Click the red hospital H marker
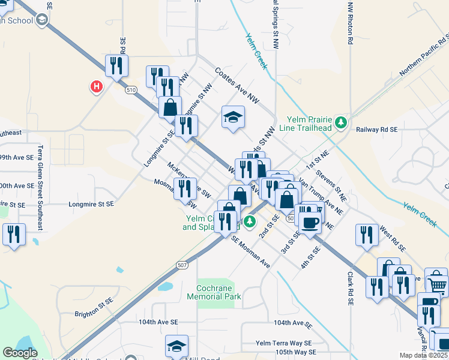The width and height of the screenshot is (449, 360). point(96,88)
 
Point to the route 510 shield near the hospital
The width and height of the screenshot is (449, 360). point(131,90)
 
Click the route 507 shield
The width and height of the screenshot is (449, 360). point(184,265)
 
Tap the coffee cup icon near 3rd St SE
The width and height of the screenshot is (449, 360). point(310,223)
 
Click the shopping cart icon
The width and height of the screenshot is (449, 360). point(438,285)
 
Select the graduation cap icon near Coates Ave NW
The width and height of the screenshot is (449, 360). point(233,116)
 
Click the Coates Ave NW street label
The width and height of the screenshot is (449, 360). point(237,85)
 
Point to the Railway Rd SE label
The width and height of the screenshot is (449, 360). point(377,129)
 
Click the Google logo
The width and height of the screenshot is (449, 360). point(20,353)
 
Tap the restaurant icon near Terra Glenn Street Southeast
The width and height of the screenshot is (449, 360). point(14,234)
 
